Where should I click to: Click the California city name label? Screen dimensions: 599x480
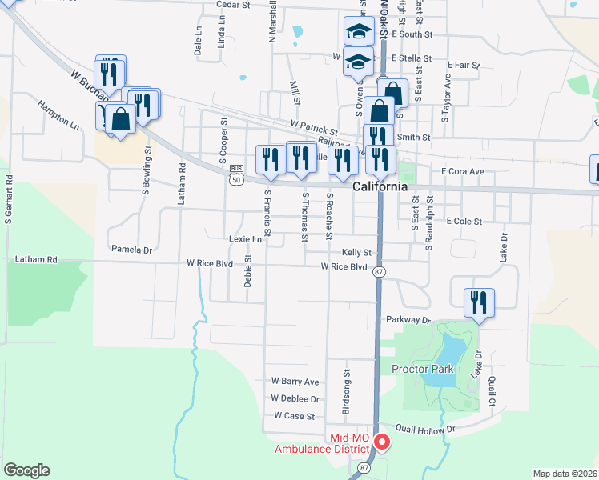(x=380, y=186)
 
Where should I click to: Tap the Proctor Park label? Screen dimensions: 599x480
(x=422, y=369)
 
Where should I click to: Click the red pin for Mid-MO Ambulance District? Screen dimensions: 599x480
(x=382, y=441)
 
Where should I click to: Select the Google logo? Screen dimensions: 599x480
(x=26, y=470)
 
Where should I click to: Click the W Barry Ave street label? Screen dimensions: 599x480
(x=295, y=382)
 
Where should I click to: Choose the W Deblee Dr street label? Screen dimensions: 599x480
(x=295, y=398)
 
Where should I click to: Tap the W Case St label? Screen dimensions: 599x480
(x=294, y=416)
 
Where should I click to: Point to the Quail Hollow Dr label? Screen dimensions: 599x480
(x=428, y=429)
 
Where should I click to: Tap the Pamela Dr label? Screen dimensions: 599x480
(x=131, y=250)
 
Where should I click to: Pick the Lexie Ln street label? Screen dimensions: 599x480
(x=245, y=238)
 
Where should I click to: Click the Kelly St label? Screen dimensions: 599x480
(x=357, y=251)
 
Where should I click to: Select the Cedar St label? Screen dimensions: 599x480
(x=234, y=5)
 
